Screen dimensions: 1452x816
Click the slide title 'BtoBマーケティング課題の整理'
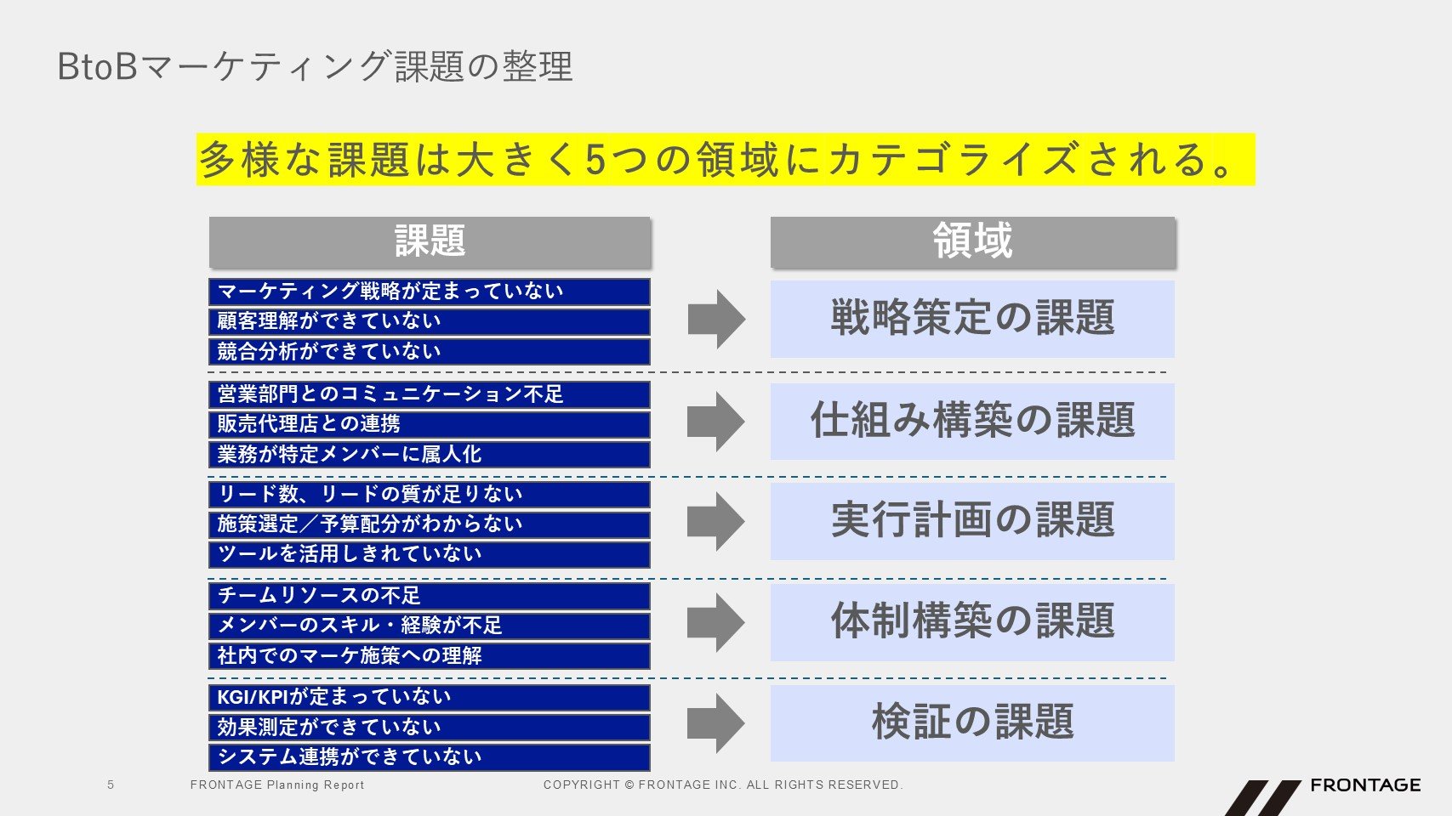tap(315, 66)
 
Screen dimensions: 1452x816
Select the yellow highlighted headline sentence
tap(726, 159)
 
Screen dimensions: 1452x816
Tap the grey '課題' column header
tap(430, 241)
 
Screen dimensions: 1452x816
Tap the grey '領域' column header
tap(972, 241)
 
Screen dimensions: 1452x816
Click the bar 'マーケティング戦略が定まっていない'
tap(430, 292)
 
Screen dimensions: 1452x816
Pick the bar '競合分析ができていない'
tap(430, 352)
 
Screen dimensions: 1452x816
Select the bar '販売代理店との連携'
tap(430, 424)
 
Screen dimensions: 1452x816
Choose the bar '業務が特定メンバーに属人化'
tap(430, 455)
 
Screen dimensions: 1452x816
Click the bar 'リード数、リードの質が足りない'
tap(430, 495)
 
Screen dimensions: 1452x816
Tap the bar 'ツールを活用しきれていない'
tap(430, 554)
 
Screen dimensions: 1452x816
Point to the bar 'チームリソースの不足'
tap(430, 596)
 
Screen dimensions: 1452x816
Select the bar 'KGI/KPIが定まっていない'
tap(430, 698)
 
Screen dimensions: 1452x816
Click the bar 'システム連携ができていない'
tap(430, 757)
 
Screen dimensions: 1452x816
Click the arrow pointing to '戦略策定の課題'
tap(716, 319)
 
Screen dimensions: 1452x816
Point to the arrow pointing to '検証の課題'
tap(716, 722)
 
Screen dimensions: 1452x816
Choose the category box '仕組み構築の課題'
tap(972, 421)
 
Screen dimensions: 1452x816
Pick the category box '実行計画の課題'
tap(972, 521)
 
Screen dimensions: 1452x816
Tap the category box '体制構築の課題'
tap(972, 622)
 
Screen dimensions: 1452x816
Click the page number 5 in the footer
tap(111, 785)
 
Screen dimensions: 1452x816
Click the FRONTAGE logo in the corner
tap(1323, 796)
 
